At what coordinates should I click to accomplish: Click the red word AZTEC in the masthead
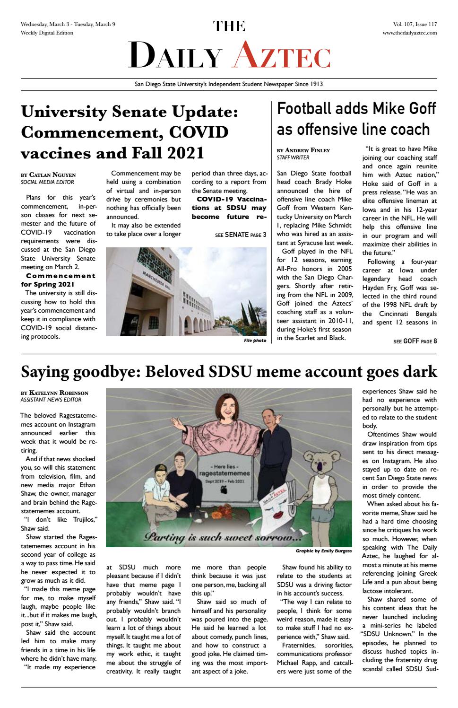point(282,56)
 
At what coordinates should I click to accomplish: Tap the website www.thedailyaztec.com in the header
point(409,33)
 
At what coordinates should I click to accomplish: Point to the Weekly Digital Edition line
point(47,33)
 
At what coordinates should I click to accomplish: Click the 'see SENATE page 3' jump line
point(240,235)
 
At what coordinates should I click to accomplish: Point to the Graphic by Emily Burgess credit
point(323,551)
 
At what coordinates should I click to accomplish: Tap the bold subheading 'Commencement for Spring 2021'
point(58,280)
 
